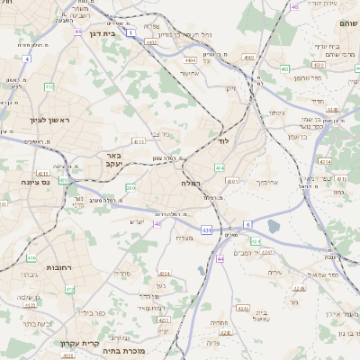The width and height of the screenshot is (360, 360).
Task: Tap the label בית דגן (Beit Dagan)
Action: [105, 33]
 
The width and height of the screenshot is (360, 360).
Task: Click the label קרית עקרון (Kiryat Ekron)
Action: [78, 343]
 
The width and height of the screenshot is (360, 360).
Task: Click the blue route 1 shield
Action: [130, 32]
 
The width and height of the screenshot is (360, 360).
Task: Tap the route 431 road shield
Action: [207, 230]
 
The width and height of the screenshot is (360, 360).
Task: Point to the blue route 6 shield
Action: [247, 224]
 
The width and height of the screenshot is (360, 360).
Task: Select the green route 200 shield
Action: [130, 187]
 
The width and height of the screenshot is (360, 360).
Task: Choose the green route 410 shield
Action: [49, 87]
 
